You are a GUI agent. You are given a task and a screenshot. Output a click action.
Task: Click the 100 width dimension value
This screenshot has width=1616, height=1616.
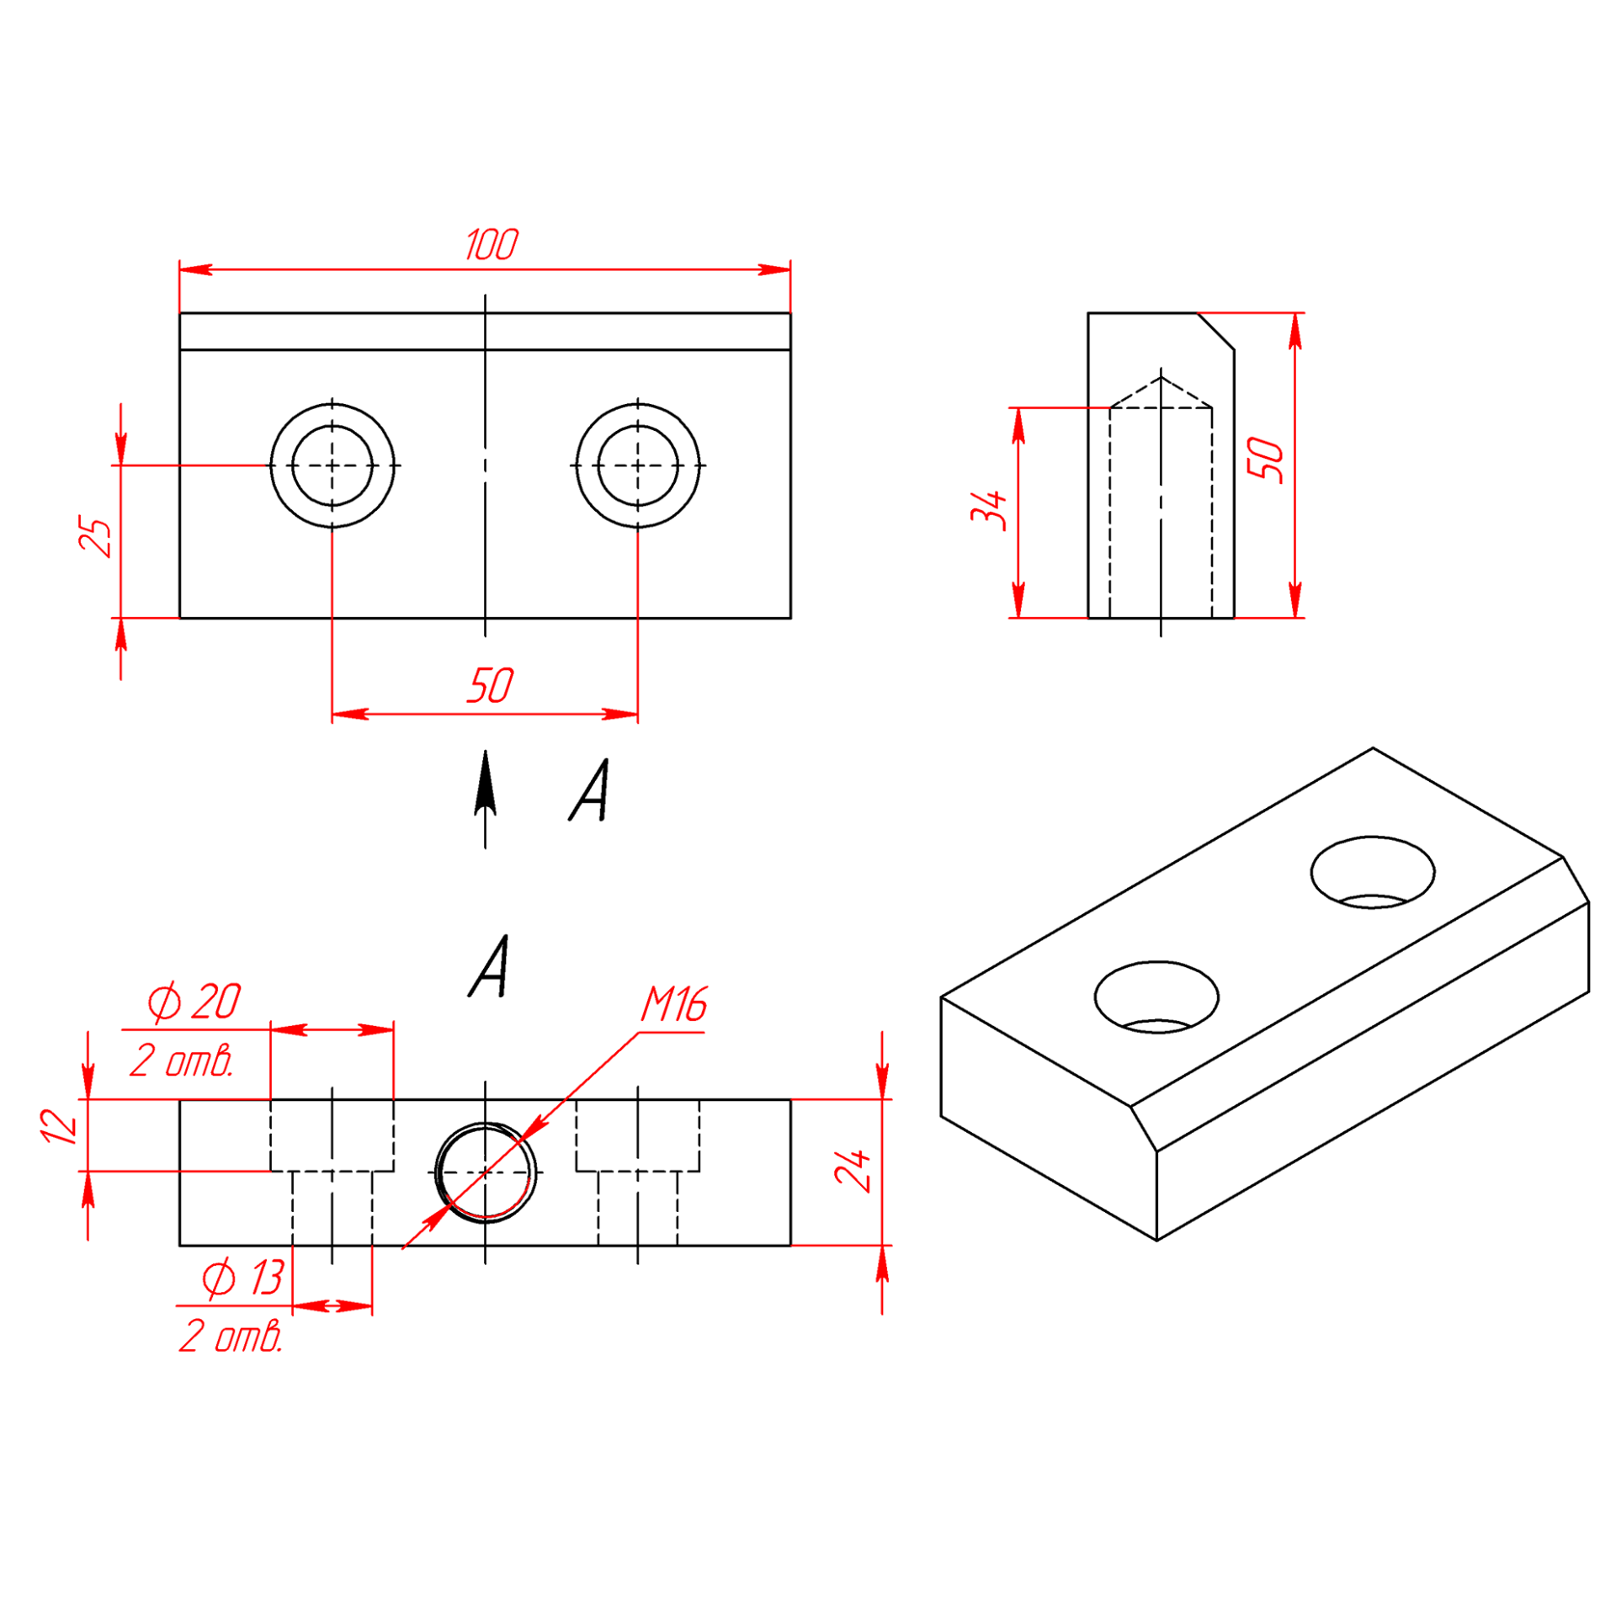point(492,244)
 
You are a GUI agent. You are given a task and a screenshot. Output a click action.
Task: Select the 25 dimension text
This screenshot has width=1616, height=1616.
point(95,538)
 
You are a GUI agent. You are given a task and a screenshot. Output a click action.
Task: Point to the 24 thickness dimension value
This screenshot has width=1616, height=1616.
point(853,1170)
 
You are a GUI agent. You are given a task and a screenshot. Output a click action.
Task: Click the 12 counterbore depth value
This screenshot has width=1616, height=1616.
point(59,1126)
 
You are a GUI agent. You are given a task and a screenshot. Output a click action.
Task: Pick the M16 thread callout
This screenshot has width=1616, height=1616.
point(674,1004)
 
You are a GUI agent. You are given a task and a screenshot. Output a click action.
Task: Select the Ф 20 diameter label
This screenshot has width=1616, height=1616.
point(194,1002)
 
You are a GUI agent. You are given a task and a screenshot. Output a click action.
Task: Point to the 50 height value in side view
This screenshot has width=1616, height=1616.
point(1266,460)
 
